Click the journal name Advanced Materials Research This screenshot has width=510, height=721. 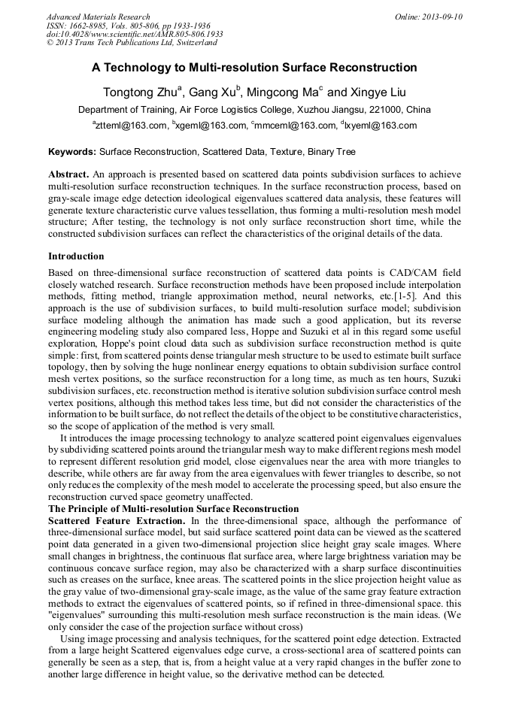98,17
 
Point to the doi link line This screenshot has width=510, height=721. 135,35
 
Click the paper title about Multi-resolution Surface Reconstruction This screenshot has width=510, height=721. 254,68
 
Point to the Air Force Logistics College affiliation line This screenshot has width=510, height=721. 254,110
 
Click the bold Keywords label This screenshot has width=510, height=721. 72,151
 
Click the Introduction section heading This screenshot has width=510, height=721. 76,256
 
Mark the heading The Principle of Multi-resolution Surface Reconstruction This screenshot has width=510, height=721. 173,509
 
